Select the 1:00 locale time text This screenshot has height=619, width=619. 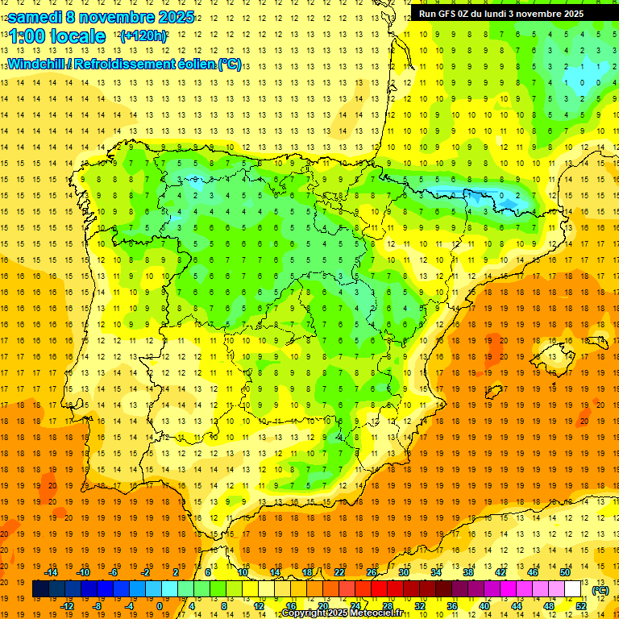click(x=56, y=36)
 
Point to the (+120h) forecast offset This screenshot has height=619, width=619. click(x=143, y=36)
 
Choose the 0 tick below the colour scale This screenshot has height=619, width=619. click(x=160, y=606)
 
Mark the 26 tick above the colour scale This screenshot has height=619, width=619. click(x=372, y=571)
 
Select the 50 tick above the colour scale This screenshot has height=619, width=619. click(x=564, y=571)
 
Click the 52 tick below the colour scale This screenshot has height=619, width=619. click(x=580, y=606)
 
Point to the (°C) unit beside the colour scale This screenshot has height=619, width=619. click(x=600, y=590)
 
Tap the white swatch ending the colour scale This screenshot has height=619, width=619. click(x=573, y=589)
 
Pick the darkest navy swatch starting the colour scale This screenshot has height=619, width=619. click(x=40, y=589)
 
